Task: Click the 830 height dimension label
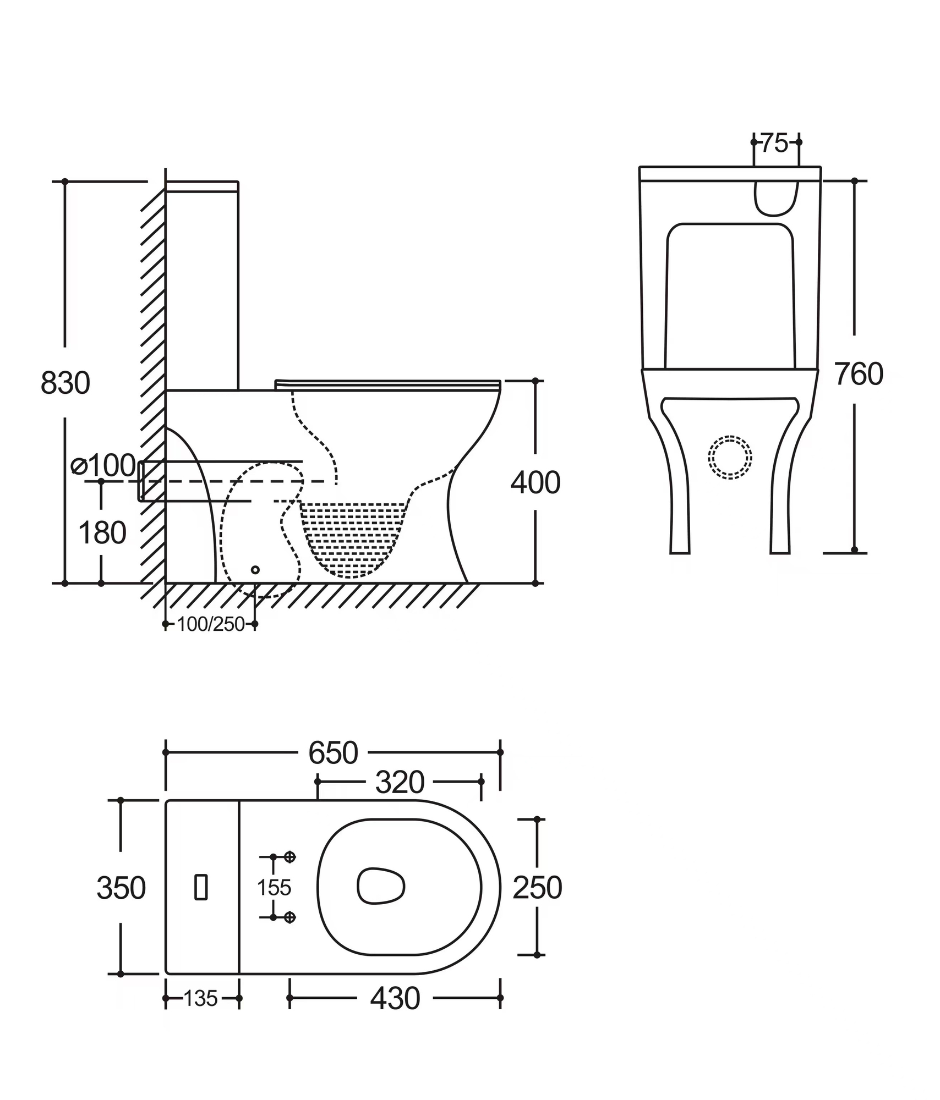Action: point(65,383)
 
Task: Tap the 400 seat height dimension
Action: point(535,482)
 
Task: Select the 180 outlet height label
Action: point(102,533)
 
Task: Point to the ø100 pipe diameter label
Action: point(104,466)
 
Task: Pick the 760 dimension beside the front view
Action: point(859,375)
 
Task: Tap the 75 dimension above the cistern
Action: point(775,144)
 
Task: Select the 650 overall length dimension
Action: point(333,753)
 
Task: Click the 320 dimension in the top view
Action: point(400,782)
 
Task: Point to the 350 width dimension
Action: point(121,888)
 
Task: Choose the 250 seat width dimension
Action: point(537,887)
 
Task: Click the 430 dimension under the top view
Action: point(395,998)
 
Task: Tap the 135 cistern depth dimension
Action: point(200,998)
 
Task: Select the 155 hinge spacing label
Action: point(274,887)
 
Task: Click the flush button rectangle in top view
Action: point(201,887)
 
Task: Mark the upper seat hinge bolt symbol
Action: point(290,857)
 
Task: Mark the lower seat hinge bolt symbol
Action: point(290,917)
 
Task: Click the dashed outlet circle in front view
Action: point(730,457)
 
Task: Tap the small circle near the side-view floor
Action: point(255,570)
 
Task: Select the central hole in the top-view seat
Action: point(381,886)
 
